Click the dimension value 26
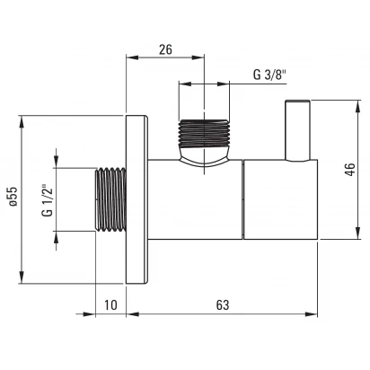pos(165,49)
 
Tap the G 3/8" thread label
pos(270,75)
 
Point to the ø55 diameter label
pos(13,197)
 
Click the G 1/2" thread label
pos(48,200)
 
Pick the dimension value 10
pos(110,305)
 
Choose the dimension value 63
pos(223,305)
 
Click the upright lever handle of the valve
pos(297,130)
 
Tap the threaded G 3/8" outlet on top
pos(204,133)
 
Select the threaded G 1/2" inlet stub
pos(110,199)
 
